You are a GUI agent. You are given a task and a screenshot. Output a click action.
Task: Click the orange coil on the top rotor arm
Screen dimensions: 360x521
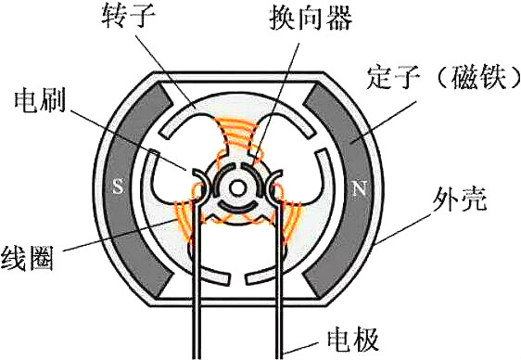[238, 136]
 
